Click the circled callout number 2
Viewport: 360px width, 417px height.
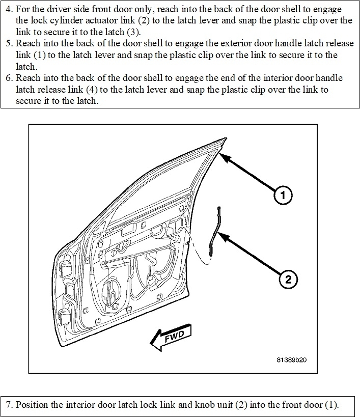click(288, 279)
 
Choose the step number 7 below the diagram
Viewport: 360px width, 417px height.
click(9, 405)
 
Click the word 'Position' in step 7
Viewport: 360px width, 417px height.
click(30, 405)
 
